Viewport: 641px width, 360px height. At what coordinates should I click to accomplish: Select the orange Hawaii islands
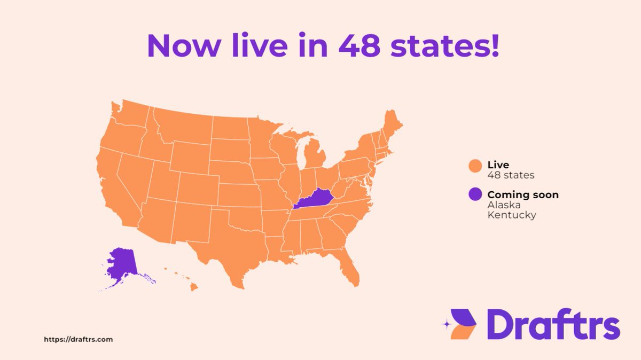tap(193, 287)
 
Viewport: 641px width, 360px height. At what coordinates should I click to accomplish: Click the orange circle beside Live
tap(475, 166)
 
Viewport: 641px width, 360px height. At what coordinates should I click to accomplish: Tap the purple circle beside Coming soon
tap(475, 195)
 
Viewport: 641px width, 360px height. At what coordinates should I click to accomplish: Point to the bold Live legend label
tap(498, 165)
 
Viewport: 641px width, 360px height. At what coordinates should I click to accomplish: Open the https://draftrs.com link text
tap(78, 339)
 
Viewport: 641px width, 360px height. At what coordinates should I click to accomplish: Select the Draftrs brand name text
tap(553, 324)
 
